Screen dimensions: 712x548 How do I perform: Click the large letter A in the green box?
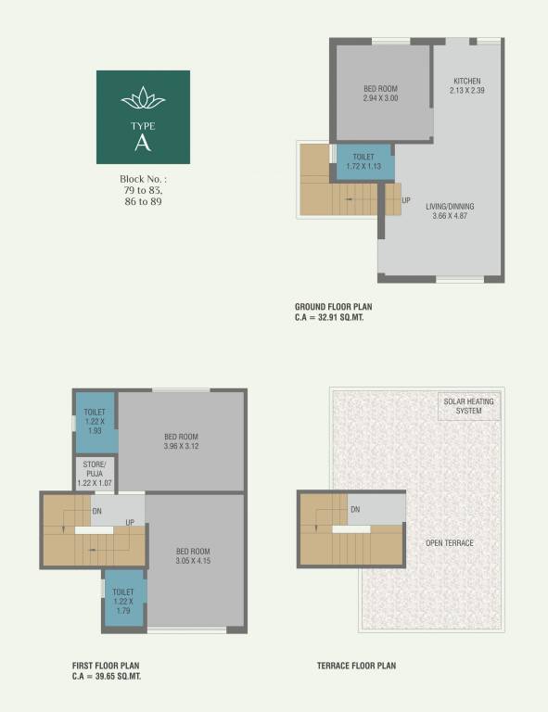(143, 142)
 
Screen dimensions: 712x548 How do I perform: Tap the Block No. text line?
(143, 178)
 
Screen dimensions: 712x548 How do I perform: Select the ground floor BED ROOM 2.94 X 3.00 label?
(380, 93)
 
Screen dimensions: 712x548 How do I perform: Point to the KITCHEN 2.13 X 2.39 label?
(467, 86)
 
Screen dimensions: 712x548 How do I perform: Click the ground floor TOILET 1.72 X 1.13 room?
(364, 162)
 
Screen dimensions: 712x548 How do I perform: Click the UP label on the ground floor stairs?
(406, 199)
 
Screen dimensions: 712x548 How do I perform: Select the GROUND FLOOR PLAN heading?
(334, 306)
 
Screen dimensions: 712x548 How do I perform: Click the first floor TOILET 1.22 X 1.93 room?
(95, 422)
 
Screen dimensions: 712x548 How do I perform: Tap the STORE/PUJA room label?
(95, 474)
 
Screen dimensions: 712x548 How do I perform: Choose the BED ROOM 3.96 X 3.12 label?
(182, 442)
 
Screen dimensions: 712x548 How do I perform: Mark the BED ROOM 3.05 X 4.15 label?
(194, 555)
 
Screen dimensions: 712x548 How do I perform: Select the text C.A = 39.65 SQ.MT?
(107, 677)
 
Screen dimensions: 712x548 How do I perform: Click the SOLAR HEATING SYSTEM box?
(468, 406)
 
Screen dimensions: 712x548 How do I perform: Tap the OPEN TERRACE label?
(449, 543)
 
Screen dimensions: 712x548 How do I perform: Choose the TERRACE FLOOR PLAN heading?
(357, 666)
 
